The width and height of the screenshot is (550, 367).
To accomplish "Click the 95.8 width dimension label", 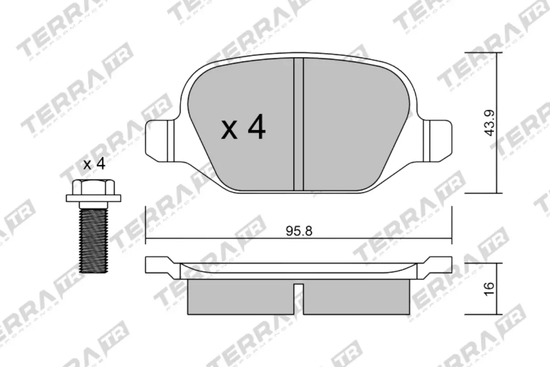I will tap(299, 231).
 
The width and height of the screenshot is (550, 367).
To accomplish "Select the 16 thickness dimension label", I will tap(489, 289).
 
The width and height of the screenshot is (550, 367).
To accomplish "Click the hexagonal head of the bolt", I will tap(93, 187).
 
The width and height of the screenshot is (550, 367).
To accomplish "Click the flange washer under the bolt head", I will tap(93, 198).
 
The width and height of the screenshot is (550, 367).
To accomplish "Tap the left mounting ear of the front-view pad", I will tap(158, 139).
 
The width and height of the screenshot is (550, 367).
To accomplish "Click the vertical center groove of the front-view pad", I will tap(299, 124).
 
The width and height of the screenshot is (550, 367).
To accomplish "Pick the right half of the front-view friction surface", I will tap(353, 124).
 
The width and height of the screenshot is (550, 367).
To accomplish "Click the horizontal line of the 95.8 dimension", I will tap(229, 238).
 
